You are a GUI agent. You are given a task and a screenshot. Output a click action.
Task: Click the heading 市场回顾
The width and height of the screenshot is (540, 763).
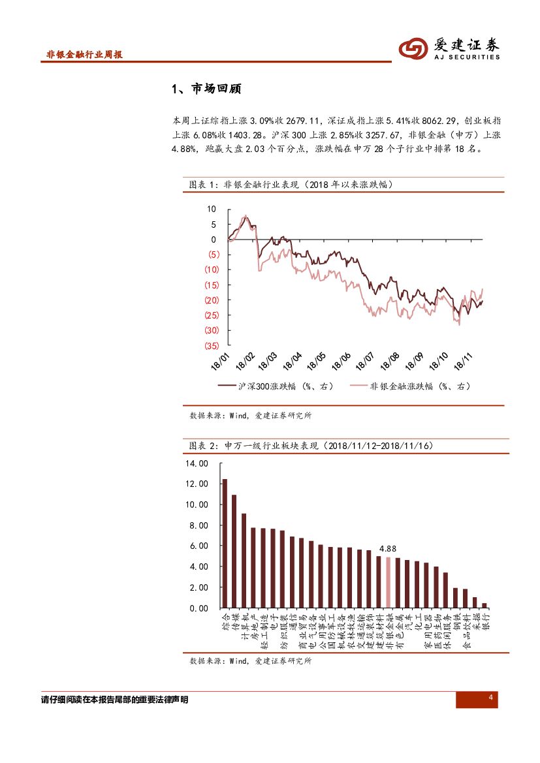click(206, 89)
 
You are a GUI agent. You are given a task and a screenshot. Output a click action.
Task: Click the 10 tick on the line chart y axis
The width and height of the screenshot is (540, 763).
click(211, 209)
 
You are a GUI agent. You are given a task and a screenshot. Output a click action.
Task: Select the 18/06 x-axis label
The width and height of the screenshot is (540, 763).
click(341, 363)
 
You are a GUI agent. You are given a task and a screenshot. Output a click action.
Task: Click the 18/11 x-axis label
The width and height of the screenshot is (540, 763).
click(462, 362)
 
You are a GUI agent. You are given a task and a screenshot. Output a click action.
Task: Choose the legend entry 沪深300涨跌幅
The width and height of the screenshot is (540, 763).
click(275, 386)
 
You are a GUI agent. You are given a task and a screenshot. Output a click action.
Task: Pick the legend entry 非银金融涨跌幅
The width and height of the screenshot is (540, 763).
click(410, 386)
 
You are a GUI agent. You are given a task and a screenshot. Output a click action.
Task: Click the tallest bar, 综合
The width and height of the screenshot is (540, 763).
click(225, 543)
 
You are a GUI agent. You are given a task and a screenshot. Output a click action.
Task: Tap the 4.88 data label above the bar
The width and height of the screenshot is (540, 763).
click(388, 549)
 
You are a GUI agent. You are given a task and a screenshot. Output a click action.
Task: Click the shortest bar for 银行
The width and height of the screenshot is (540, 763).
click(484, 605)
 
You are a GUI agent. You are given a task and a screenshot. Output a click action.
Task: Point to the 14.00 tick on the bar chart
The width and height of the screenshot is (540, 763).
click(197, 463)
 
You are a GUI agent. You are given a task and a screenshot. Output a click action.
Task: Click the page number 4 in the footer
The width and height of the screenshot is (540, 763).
click(490, 699)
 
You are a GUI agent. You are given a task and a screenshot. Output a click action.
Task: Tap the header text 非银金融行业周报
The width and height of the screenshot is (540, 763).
click(85, 55)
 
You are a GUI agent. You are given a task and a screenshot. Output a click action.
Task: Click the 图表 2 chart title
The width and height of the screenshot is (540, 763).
click(310, 446)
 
